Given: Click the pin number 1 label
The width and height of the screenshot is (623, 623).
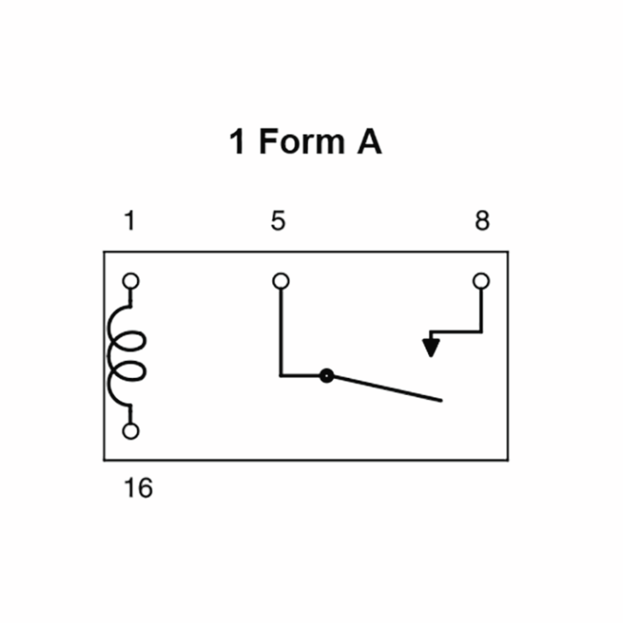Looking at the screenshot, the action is pyautogui.click(x=130, y=221).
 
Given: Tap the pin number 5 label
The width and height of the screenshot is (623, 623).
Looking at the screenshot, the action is pyautogui.click(x=278, y=221).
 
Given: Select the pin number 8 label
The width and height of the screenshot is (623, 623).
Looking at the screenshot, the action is pyautogui.click(x=482, y=221).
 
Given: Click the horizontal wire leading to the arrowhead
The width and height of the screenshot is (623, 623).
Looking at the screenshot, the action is pyautogui.click(x=456, y=331).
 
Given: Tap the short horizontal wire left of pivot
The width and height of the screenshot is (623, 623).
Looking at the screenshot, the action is pyautogui.click(x=300, y=376).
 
